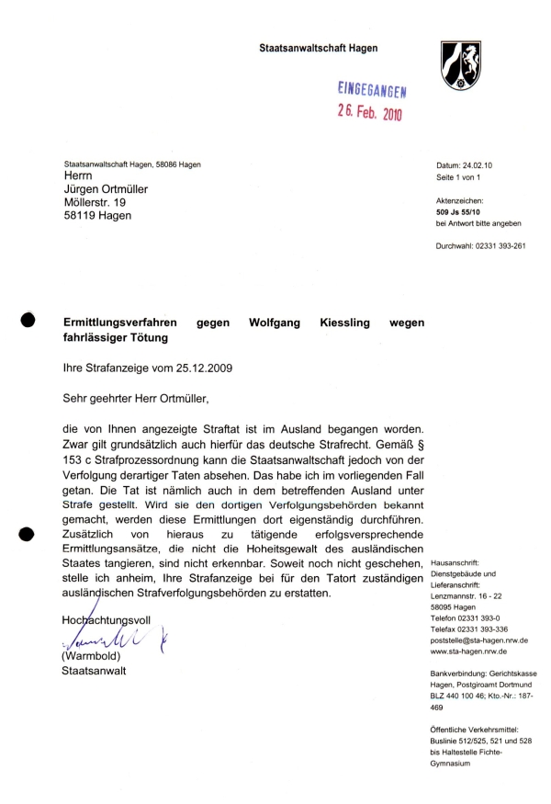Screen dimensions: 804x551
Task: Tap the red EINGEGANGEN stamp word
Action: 372,89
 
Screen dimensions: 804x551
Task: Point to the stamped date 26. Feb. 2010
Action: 369,113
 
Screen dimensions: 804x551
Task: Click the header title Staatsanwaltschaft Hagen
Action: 319,48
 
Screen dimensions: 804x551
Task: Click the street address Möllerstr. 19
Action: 95,202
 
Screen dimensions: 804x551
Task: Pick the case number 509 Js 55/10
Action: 463,210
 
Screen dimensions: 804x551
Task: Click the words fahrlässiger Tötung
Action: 117,338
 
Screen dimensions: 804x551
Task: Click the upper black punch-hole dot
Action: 27,320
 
